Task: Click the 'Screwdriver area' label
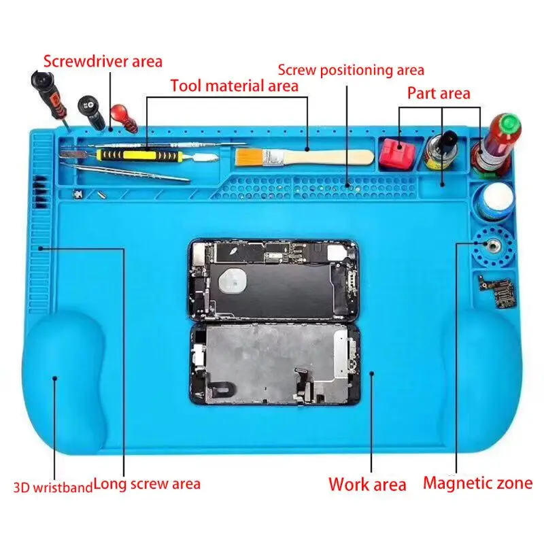point(103,61)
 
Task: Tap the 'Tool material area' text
point(234,86)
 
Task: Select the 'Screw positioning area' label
point(351,70)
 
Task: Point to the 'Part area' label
point(439,93)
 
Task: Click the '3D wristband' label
point(53,487)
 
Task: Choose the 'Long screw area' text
point(147,484)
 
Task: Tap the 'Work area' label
point(367,484)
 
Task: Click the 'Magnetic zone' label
point(478,483)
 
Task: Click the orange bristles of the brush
point(249,156)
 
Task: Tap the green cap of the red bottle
point(509,125)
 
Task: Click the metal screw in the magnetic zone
point(491,246)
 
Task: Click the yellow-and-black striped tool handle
point(139,155)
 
